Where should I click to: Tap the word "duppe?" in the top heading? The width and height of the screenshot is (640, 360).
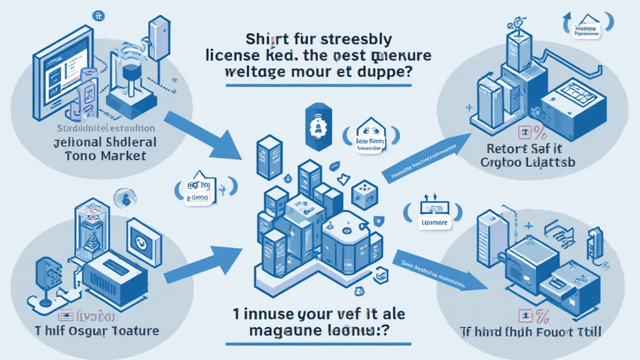[388, 72]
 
